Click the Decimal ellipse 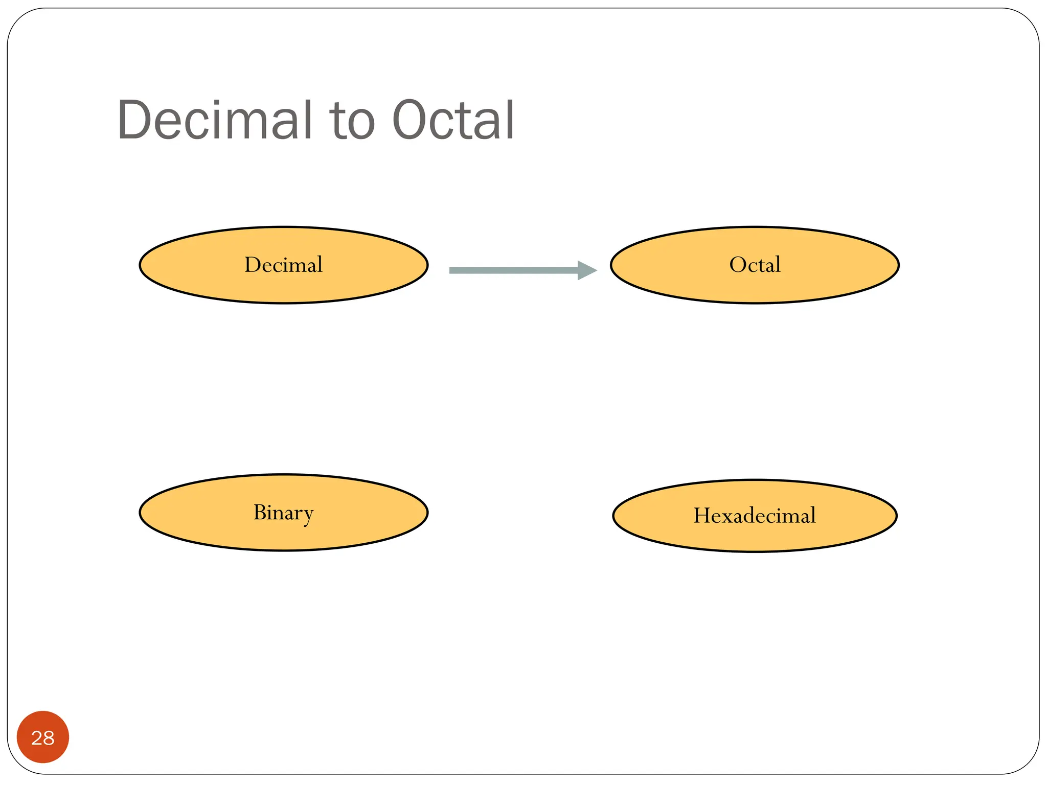point(284,286)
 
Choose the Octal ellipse point(755,286)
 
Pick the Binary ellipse point(284,534)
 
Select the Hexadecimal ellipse point(755,537)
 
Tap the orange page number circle point(43,737)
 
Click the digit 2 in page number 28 point(37,738)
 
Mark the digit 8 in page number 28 point(49,738)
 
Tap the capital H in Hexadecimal point(702,516)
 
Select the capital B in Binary point(260,512)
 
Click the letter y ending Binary point(307,515)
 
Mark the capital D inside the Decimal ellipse point(253,265)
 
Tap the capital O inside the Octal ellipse point(738,265)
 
